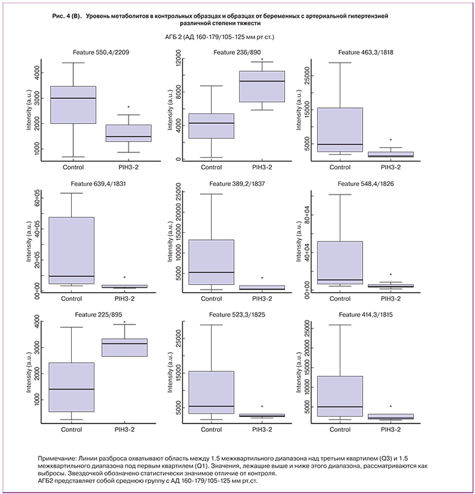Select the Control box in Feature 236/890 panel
211,126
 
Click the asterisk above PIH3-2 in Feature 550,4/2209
129,107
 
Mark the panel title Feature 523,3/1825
234,315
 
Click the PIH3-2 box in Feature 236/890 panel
261,86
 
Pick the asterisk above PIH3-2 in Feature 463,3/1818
391,140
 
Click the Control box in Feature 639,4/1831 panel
71,251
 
